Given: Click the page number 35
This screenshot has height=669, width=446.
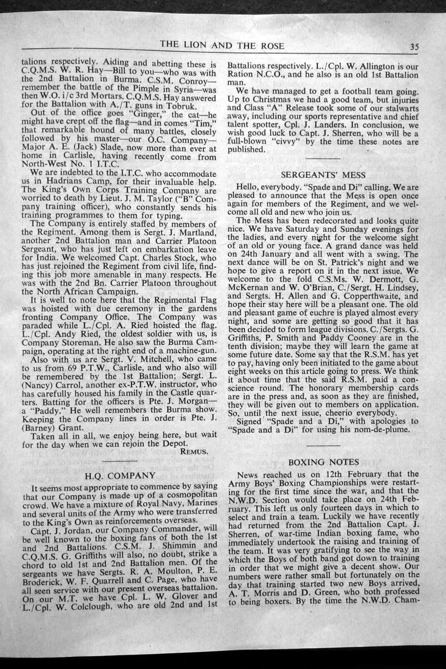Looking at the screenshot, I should click(414, 46).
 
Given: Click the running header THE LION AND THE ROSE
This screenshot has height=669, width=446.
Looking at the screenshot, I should click(222, 46).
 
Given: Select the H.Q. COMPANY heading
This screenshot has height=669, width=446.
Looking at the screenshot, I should click(120, 475).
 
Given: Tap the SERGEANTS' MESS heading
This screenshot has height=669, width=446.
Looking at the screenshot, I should click(324, 175).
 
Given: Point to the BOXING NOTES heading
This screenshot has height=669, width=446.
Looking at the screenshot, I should click(324, 462).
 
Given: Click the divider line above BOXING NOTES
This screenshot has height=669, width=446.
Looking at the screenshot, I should click(324, 445).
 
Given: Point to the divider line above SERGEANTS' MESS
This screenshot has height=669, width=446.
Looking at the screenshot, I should click(324, 158).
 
